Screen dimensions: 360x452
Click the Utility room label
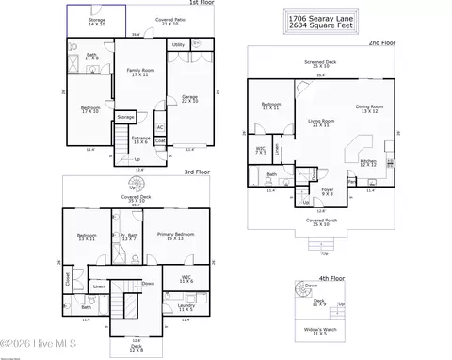(178, 44)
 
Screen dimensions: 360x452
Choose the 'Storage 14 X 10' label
(97, 19)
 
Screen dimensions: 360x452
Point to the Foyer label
(328, 192)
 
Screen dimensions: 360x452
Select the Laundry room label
(186, 307)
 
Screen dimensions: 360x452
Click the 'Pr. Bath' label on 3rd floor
(130, 237)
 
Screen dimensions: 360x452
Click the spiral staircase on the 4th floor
(309, 286)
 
